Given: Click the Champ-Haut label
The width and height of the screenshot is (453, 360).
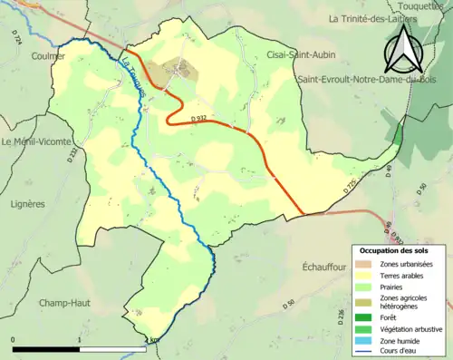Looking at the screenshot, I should tap(64, 303).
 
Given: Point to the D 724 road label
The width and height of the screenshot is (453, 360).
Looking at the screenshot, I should tap(18, 38).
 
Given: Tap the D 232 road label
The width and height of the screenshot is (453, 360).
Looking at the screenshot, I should tap(72, 156).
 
